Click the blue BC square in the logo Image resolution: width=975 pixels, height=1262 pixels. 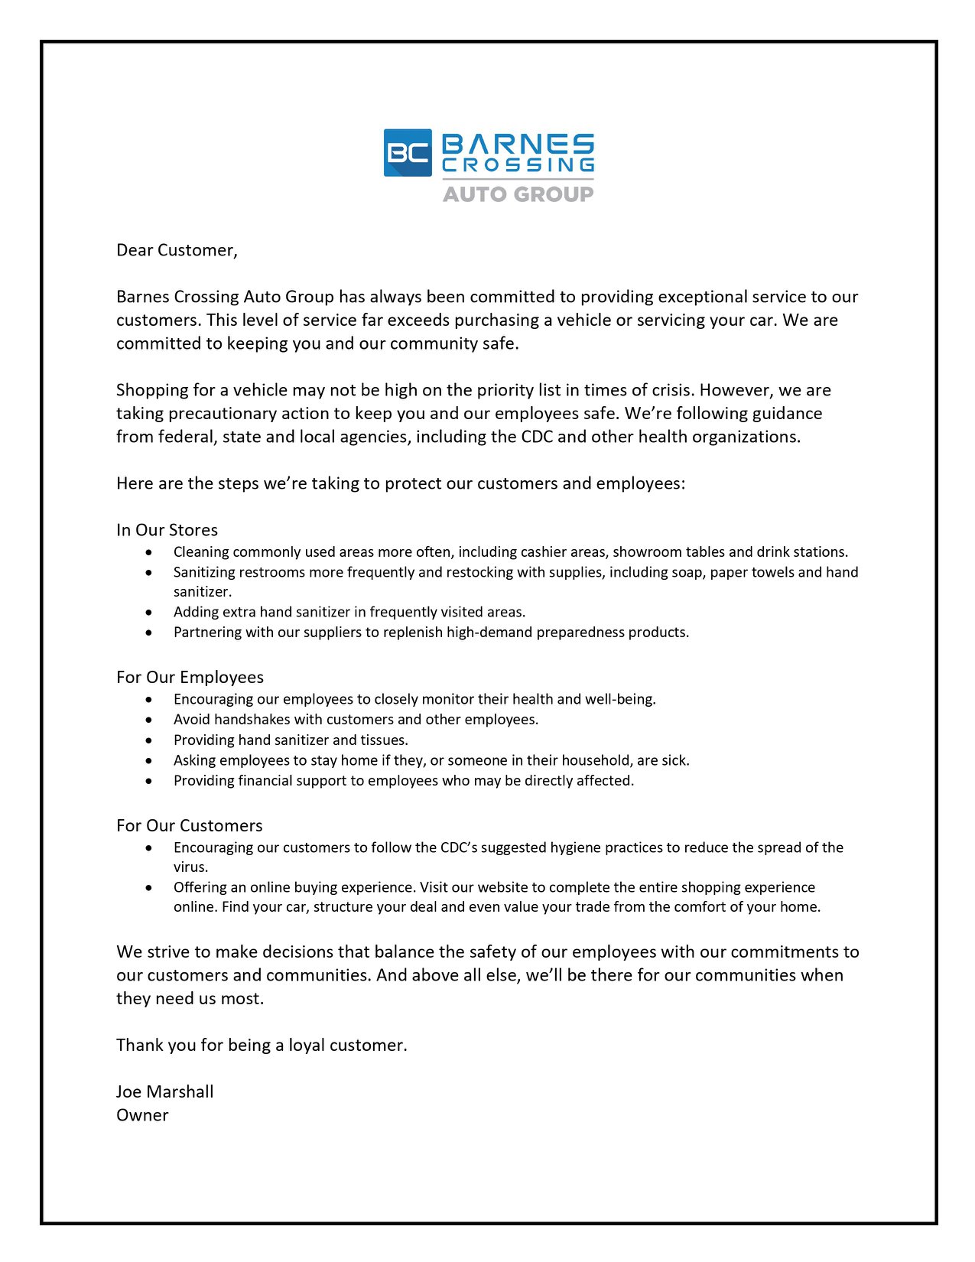408,153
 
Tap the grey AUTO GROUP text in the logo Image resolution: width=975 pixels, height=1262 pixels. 518,194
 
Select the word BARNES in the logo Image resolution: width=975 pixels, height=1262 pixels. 518,144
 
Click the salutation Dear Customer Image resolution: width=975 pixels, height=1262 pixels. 177,250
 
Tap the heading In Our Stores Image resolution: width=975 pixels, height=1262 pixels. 167,530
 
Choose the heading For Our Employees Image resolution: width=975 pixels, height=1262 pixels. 190,678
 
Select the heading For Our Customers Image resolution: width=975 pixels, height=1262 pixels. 189,826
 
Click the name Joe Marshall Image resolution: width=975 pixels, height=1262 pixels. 165,1092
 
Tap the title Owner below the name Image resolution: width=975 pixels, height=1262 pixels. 142,1115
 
